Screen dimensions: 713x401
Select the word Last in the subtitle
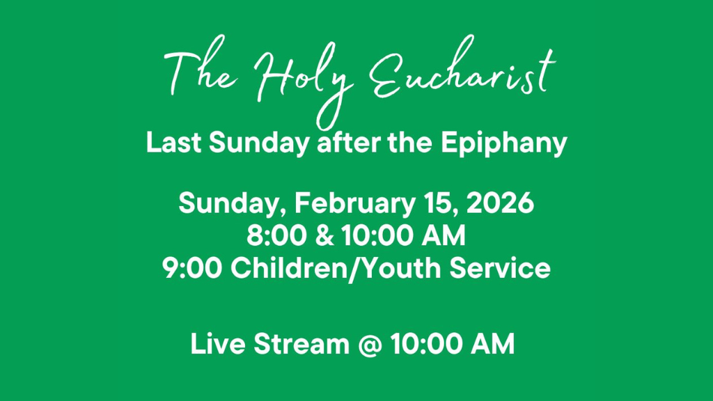(x=173, y=143)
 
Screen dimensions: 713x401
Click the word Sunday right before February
(x=233, y=203)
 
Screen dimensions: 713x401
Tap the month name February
(x=354, y=203)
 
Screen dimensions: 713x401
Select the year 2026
(x=500, y=203)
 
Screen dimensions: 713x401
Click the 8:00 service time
(x=276, y=235)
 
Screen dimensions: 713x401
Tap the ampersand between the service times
(x=324, y=235)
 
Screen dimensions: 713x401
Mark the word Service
(x=500, y=268)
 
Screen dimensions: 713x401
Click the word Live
(x=218, y=344)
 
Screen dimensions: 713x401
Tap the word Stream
(x=301, y=344)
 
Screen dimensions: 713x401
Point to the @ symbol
(x=370, y=345)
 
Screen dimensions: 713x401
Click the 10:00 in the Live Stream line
(x=426, y=344)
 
